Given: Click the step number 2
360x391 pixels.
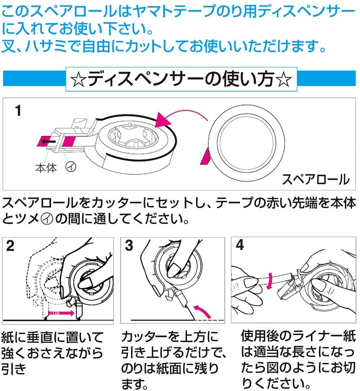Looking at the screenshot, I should coord(11,246).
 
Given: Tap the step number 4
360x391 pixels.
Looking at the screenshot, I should coord(240,246).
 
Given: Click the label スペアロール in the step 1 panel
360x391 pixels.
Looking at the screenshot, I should coord(315,180).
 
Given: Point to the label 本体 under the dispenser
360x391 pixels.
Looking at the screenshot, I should coord(46,167).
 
